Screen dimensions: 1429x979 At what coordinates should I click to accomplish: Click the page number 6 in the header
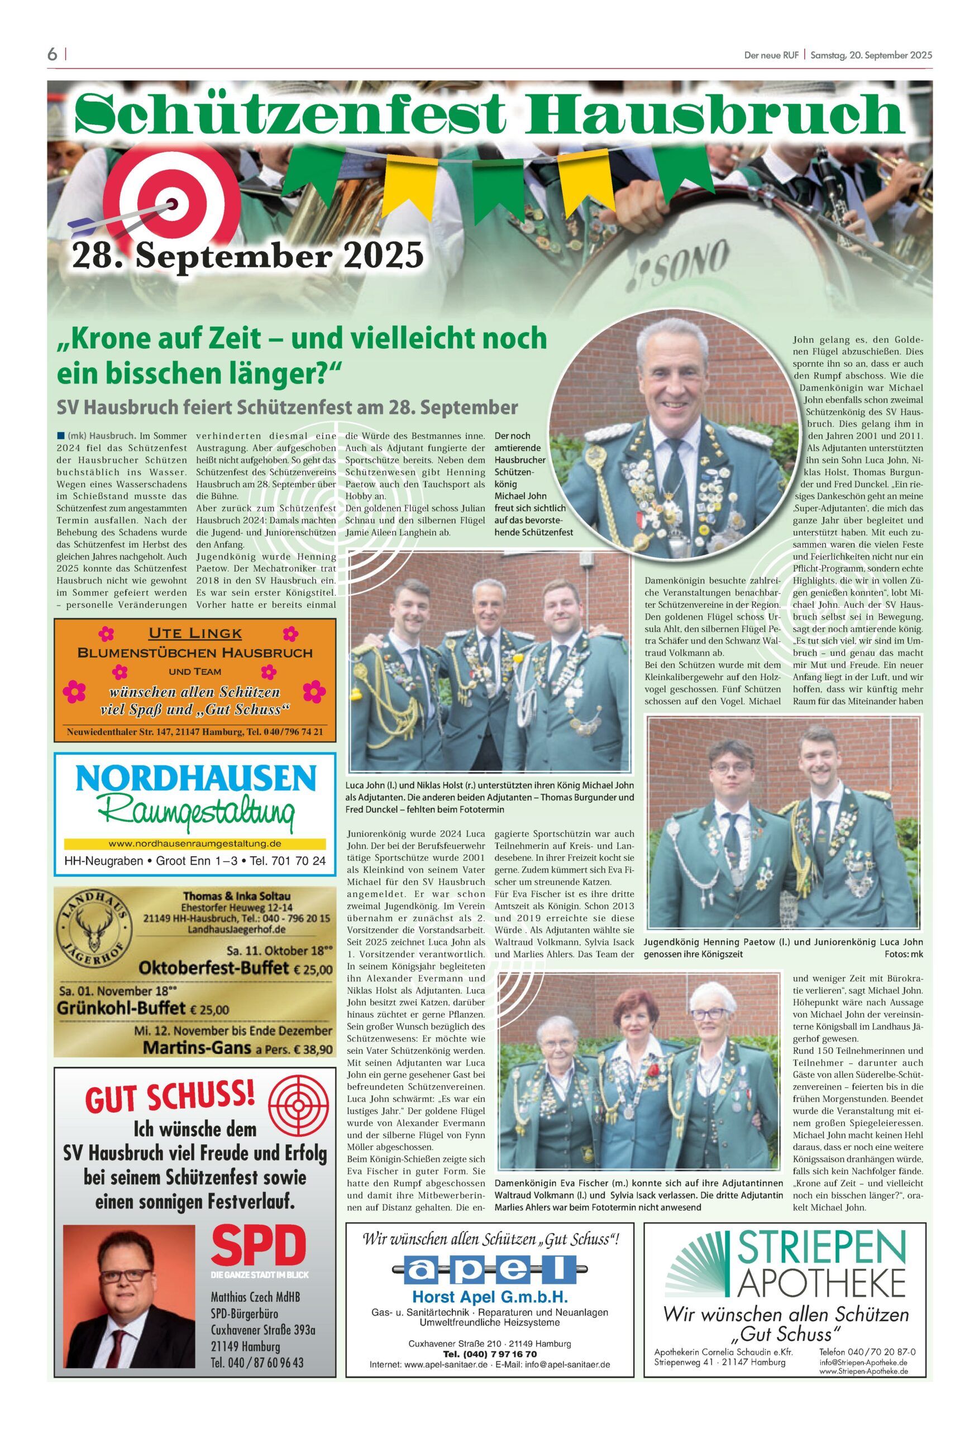click(52, 55)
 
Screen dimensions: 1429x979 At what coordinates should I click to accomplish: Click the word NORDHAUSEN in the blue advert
click(195, 780)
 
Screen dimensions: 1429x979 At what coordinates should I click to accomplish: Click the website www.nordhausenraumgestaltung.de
click(194, 843)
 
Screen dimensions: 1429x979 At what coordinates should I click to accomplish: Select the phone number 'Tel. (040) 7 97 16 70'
click(490, 1354)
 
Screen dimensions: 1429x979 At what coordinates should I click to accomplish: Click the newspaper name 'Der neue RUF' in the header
click(771, 55)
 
